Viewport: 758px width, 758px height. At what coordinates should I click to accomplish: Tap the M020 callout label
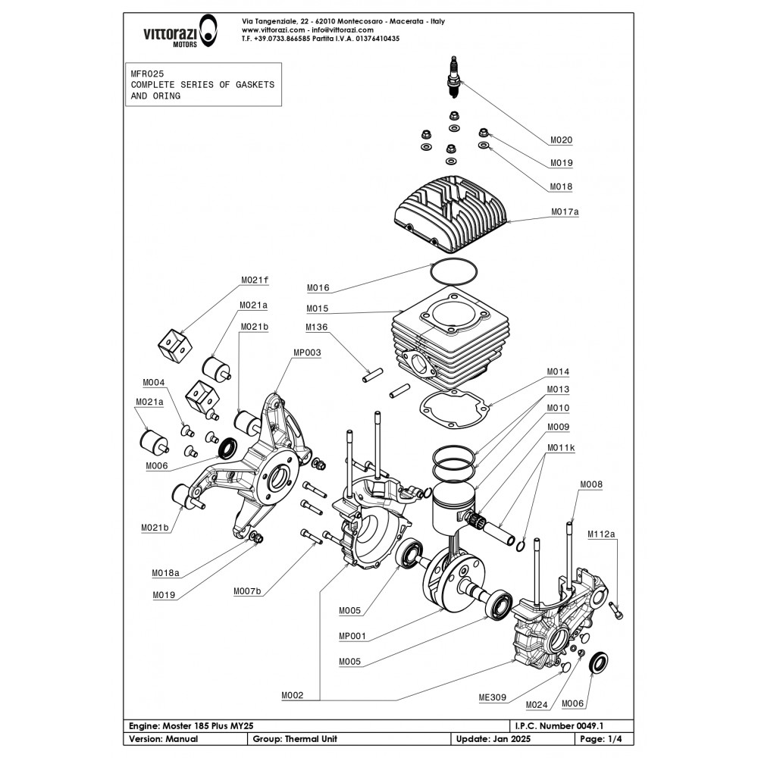click(561, 139)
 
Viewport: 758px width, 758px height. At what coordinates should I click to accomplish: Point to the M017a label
click(564, 212)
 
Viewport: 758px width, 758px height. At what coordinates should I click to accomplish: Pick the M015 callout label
click(318, 309)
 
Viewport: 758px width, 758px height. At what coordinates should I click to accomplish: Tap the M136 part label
click(318, 327)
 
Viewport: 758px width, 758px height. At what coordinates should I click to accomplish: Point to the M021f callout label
click(255, 280)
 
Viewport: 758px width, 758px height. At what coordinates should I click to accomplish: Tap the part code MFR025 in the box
click(147, 74)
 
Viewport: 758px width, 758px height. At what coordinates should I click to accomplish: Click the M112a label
click(602, 533)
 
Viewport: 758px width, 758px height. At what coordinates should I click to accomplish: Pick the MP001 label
click(349, 636)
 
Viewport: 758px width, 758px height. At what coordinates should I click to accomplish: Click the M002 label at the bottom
click(292, 694)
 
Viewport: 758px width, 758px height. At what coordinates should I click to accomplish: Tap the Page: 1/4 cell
click(603, 738)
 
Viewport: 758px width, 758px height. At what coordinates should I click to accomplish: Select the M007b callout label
click(247, 590)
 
